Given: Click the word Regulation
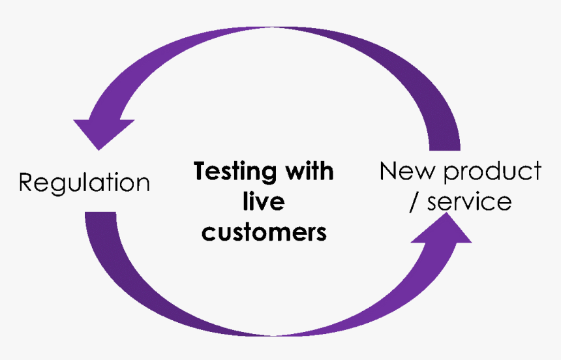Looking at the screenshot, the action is point(84,183).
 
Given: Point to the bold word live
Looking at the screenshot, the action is point(264,201).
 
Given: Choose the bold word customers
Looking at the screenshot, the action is point(264,232).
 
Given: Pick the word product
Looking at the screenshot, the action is point(493,172).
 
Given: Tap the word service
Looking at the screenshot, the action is point(470,201).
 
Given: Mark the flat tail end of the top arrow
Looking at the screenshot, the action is point(445,150).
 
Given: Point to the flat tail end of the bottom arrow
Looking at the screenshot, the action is point(100,212).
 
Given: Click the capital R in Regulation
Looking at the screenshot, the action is point(26,183).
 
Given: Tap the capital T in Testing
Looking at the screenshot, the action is point(201,170).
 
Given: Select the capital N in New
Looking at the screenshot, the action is point(388,170).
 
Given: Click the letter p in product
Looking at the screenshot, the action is point(451,175).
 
